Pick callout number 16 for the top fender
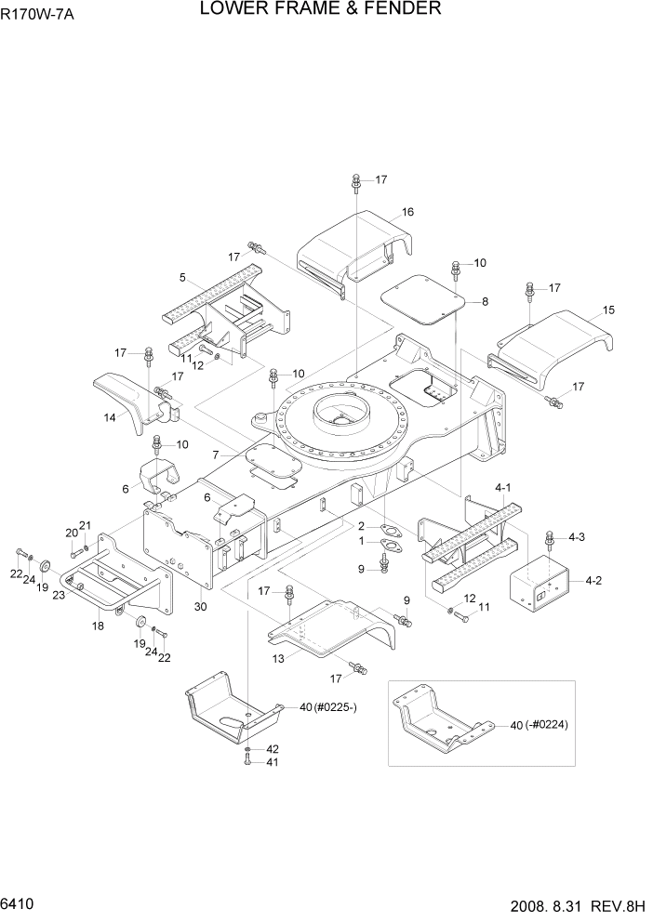407,212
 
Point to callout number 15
608,310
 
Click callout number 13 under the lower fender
278,658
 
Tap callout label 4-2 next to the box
594,581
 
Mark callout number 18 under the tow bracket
99,626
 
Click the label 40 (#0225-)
333,707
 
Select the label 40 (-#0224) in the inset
540,724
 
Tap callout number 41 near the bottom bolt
273,762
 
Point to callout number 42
273,748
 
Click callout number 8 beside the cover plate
484,301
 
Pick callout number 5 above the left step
183,277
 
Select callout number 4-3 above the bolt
576,536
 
